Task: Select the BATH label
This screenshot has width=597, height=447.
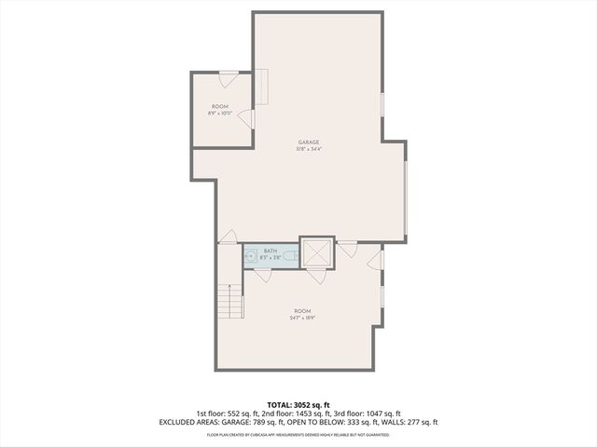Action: coord(271,251)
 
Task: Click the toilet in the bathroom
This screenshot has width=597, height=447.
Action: coord(292,257)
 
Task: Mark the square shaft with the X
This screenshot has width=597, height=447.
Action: coord(316,251)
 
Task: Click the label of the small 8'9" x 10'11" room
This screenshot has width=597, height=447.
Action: coord(220,107)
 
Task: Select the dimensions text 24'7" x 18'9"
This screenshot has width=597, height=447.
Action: coord(301,318)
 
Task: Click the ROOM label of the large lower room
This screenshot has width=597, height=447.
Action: coord(301,310)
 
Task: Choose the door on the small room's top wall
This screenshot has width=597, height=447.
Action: coord(229,76)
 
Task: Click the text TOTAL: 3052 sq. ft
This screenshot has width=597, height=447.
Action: coord(298,404)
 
